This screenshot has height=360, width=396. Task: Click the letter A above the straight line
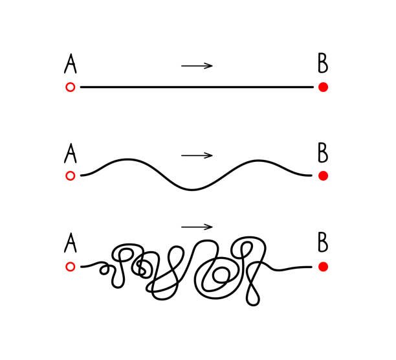pyautogui.click(x=71, y=63)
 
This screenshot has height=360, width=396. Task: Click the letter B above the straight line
pyautogui.click(x=323, y=63)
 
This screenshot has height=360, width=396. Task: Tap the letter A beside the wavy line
pyautogui.click(x=71, y=153)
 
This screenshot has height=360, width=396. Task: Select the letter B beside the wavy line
pyautogui.click(x=323, y=153)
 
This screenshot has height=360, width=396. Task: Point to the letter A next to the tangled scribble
pyautogui.click(x=71, y=243)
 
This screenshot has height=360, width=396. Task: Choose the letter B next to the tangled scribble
pyautogui.click(x=323, y=242)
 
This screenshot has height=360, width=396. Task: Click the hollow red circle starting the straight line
pyautogui.click(x=71, y=87)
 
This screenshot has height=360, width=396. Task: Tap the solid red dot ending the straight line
pyautogui.click(x=324, y=87)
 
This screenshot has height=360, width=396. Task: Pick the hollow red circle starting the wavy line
pyautogui.click(x=71, y=175)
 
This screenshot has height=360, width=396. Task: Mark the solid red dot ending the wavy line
pyautogui.click(x=324, y=175)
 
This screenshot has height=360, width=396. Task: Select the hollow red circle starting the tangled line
pyautogui.click(x=71, y=267)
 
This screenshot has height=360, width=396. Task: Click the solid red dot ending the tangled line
pyautogui.click(x=324, y=267)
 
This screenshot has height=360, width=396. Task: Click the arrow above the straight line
pyautogui.click(x=197, y=66)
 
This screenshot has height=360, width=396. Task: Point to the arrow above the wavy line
pyautogui.click(x=197, y=155)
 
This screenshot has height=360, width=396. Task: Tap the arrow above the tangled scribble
pyautogui.click(x=197, y=227)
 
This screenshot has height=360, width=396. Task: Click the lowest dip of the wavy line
pyautogui.click(x=192, y=190)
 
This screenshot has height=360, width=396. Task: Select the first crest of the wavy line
pyautogui.click(x=127, y=159)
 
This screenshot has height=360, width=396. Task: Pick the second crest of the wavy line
pyautogui.click(x=258, y=161)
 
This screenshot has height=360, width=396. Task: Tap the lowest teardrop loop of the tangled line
pyautogui.click(x=253, y=304)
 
